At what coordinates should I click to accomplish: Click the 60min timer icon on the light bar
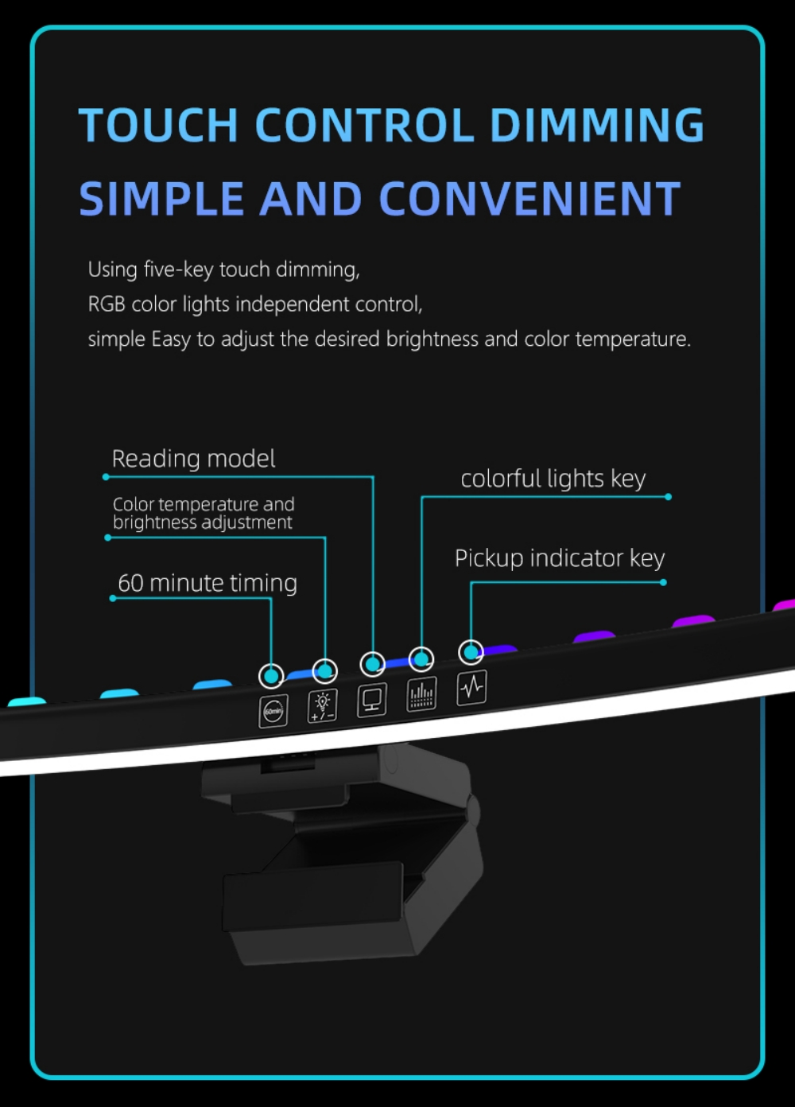273,711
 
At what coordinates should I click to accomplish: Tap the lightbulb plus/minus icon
322,705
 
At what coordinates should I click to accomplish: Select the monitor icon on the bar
372,699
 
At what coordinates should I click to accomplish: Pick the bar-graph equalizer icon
421,693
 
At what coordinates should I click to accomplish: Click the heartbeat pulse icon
472,687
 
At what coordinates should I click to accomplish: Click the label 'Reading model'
193,459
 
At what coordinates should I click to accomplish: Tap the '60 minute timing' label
207,583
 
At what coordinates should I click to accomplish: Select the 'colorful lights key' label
553,479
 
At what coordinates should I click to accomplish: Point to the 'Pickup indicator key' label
560,558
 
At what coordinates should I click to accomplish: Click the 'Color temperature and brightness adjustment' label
203,514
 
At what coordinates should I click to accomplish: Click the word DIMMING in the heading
596,125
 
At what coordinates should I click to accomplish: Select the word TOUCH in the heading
159,125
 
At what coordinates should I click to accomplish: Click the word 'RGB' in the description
107,305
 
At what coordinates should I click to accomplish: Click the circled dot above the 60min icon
271,675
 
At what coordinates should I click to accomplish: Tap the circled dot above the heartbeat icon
471,652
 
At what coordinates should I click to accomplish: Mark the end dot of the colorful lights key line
668,497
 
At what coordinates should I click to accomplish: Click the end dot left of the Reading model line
106,477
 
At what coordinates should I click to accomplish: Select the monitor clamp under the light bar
341,853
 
